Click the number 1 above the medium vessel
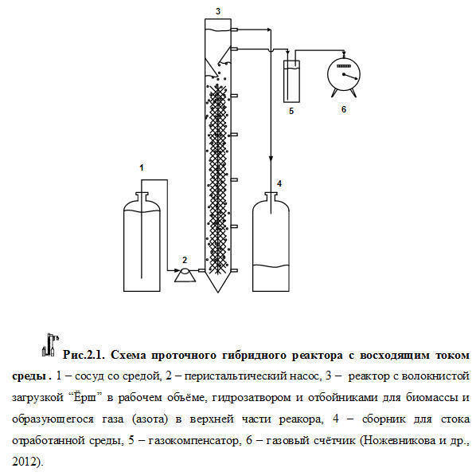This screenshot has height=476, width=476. coord(142,167)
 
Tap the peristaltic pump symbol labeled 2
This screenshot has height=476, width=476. coord(185,275)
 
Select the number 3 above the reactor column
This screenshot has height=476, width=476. coord(218,11)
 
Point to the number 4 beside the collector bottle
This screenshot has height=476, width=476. coord(279,183)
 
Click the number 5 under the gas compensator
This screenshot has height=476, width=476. coord(291,111)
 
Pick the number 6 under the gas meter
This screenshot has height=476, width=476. coord(344,109)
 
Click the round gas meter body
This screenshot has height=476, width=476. coord(344,73)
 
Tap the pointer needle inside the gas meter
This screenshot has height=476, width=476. coord(350,77)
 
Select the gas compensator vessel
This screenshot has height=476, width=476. coord(292,81)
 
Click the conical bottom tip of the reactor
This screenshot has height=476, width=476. coord(217,293)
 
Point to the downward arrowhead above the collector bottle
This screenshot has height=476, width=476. coord(271,159)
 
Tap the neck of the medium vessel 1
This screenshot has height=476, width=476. coord(142,196)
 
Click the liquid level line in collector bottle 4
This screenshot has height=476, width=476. coord(271,266)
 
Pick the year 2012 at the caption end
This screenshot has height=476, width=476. coord(24,462)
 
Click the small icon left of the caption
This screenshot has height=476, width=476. coord(50,344)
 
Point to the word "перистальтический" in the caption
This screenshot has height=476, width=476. coord(236,376)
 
